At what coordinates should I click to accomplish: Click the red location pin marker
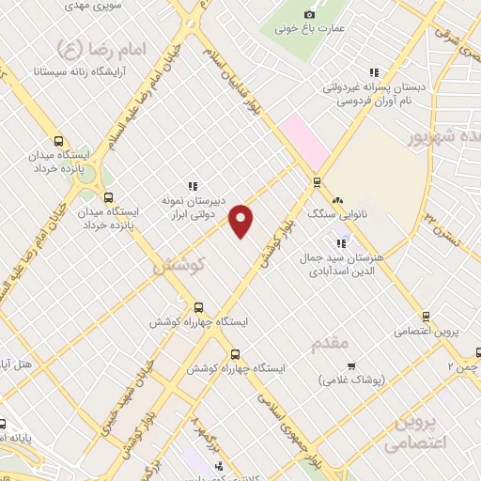click(242, 220)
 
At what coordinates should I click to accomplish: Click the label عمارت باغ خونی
click(300, 29)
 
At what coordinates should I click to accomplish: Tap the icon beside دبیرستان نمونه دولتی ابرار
click(193, 186)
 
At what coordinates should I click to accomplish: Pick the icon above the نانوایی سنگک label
click(337, 200)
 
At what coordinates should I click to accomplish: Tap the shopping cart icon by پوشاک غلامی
click(351, 365)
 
